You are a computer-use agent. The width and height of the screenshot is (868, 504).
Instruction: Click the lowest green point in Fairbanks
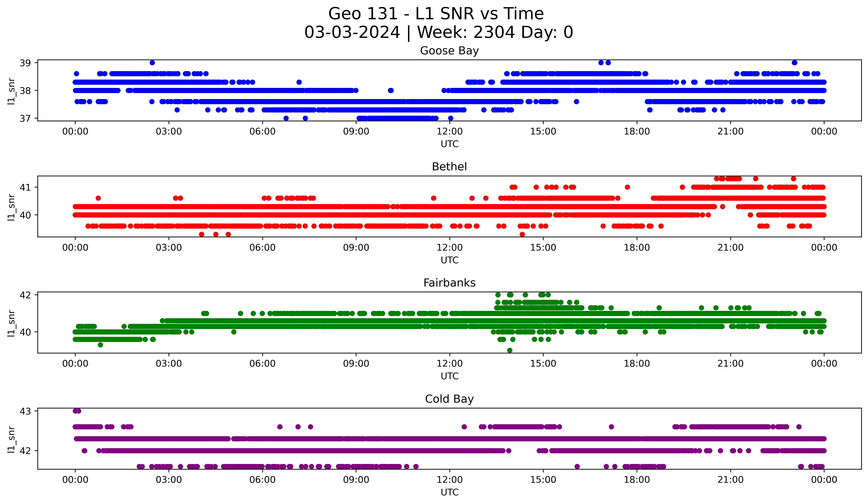click(510, 350)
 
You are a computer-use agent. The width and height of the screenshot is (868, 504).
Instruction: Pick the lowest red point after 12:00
click(522, 234)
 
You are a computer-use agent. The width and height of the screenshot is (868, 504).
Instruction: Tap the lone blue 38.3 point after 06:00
click(299, 82)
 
